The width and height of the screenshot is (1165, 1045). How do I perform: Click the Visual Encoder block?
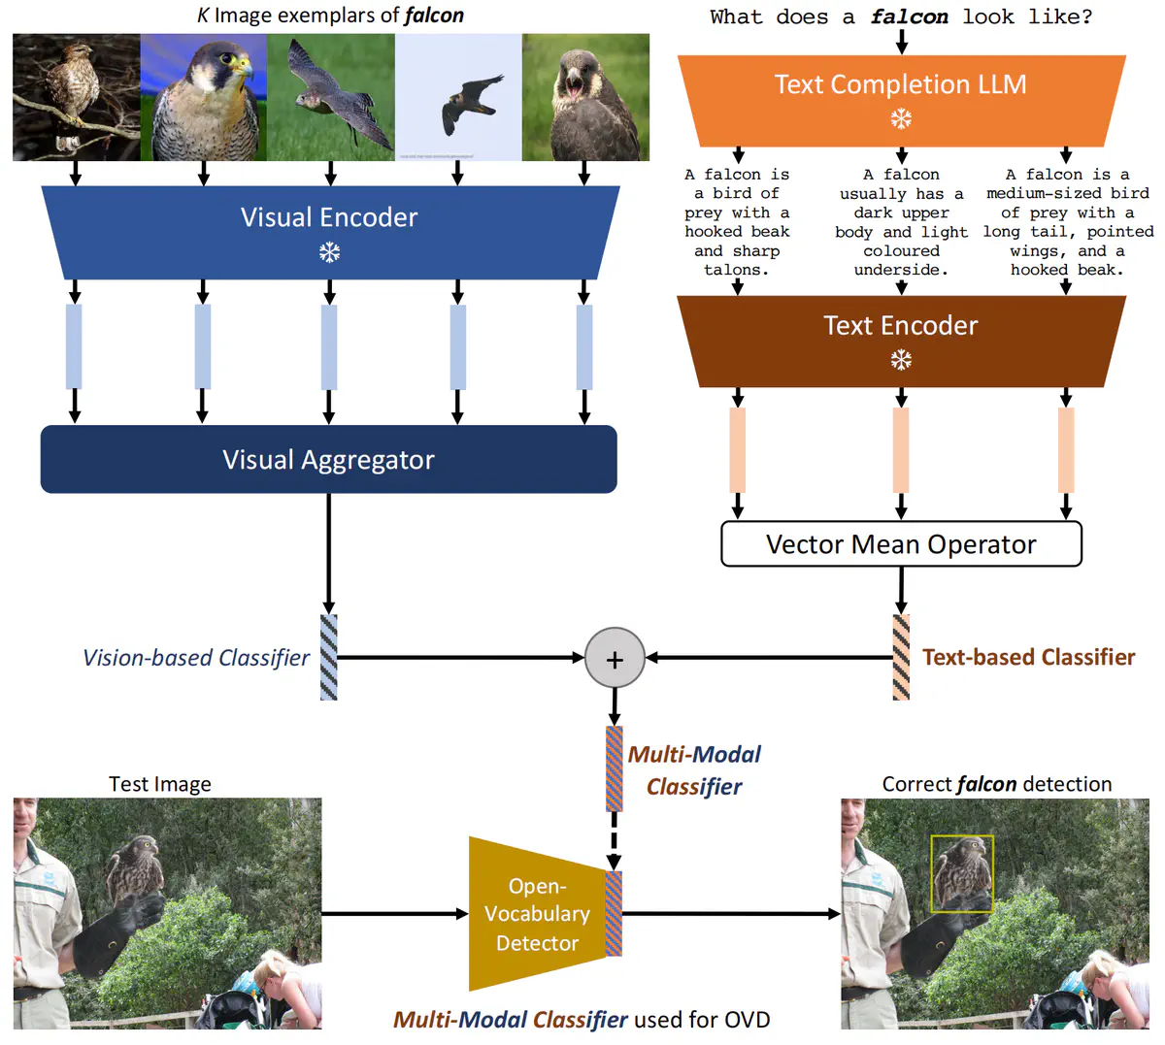(x=329, y=232)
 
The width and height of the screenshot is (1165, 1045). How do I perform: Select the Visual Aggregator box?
(x=328, y=459)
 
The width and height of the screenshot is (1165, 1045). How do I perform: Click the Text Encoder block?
(x=901, y=341)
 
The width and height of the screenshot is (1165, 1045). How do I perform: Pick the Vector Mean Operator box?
(x=901, y=544)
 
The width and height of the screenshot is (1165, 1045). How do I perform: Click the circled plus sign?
(x=615, y=659)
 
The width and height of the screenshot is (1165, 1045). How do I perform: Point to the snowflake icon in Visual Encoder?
(x=329, y=253)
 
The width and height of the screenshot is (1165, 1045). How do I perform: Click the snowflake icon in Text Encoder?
(x=901, y=361)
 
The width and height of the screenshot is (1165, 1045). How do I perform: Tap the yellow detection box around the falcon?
(x=961, y=873)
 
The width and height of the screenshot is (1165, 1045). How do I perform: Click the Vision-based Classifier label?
(x=196, y=658)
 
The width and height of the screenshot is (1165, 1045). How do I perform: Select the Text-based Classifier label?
(x=1028, y=658)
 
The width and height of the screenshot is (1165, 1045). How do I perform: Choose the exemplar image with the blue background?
(x=203, y=97)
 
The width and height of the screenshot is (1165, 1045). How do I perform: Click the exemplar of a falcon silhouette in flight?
(x=458, y=97)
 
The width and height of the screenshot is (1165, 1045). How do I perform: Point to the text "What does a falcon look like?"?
(x=901, y=16)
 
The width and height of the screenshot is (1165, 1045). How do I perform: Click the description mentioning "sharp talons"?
(x=737, y=222)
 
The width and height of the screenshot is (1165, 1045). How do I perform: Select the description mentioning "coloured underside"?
(x=901, y=222)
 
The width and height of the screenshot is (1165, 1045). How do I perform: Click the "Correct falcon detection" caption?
(x=996, y=784)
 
